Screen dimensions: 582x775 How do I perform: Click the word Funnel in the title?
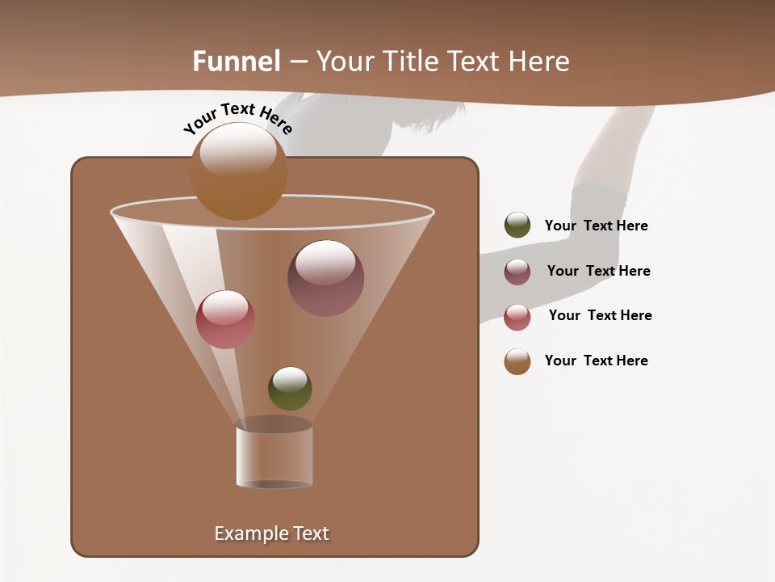click(237, 61)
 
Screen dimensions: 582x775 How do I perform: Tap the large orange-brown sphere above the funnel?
click(238, 171)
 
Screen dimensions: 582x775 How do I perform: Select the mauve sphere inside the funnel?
click(325, 277)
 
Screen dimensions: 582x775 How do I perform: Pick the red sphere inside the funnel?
click(225, 319)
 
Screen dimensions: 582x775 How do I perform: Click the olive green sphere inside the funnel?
click(290, 388)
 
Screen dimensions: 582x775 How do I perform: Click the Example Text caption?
click(271, 533)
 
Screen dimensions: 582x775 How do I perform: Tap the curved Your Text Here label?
click(238, 119)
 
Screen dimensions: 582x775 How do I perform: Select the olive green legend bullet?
click(517, 226)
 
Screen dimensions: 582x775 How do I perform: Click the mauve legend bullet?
click(517, 271)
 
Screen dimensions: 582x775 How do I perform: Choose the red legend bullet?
click(517, 316)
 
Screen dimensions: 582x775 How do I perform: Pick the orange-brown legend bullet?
click(517, 361)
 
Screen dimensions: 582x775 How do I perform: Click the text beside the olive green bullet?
click(596, 226)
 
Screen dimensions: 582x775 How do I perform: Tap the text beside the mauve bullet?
click(598, 271)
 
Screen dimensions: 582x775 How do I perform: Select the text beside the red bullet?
click(600, 315)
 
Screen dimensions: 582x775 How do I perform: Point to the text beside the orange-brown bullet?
click(596, 361)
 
